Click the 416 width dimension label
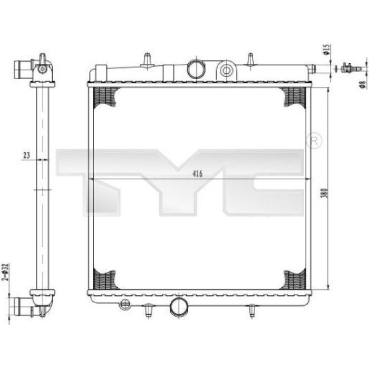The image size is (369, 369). coord(198,174)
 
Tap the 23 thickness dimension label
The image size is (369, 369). coord(26,156)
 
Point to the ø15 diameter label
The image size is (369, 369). coord(326,50)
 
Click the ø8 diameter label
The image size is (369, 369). coord(363,84)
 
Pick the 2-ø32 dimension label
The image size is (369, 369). coord(5,273)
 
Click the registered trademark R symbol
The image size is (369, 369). coord(314,141)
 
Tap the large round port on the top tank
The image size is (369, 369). coord(196,69)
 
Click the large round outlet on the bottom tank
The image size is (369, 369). coord(179,306)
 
